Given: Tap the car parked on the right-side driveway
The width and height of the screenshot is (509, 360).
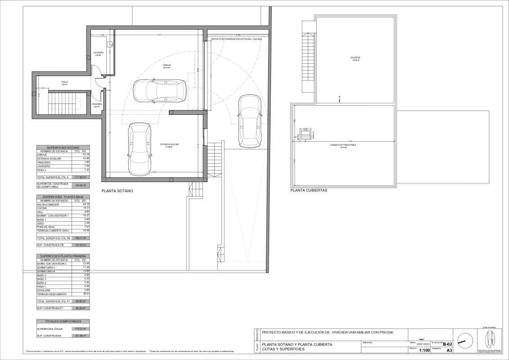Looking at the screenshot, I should click(248, 121).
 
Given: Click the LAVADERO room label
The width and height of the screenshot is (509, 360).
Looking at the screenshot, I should click(99, 53).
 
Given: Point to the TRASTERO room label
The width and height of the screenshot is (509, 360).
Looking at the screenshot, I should click(97, 105).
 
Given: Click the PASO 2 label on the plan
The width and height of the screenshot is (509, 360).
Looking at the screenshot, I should click(64, 83).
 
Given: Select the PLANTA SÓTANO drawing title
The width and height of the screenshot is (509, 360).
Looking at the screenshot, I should click(117, 191).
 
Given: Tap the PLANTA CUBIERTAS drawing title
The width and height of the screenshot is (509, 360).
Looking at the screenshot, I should click(309, 190).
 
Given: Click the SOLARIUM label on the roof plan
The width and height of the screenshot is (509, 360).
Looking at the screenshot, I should click(356, 58).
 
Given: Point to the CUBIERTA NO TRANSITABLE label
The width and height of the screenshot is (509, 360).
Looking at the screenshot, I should click(343, 145).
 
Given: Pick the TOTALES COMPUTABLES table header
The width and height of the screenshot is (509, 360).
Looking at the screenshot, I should click(63, 321).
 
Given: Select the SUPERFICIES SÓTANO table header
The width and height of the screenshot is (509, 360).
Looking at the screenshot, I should click(63, 148).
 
